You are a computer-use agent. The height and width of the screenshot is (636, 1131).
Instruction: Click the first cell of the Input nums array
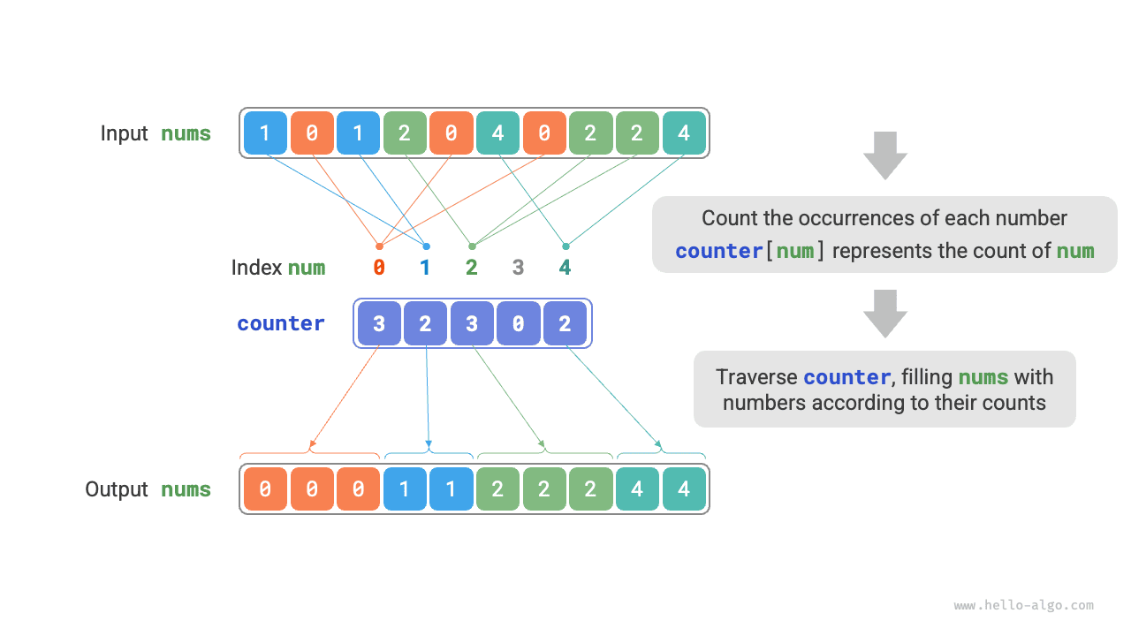[x=266, y=133]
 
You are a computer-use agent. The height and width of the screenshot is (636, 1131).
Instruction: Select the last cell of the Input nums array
[x=684, y=133]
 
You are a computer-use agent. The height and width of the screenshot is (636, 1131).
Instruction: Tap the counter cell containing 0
[x=518, y=323]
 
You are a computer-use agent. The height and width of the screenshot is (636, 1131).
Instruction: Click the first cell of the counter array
[x=379, y=323]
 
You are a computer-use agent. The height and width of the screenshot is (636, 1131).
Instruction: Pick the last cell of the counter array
[x=565, y=323]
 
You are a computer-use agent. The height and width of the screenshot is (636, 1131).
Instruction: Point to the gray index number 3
[x=518, y=268]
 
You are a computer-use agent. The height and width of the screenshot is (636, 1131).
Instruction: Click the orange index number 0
[x=379, y=268]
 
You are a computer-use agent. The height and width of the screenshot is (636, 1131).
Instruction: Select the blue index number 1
[x=425, y=268]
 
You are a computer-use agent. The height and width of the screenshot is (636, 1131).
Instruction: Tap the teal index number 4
[x=565, y=268]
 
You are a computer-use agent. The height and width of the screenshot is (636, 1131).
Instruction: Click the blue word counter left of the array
[x=280, y=323]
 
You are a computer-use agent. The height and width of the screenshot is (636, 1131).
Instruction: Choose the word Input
[x=124, y=133]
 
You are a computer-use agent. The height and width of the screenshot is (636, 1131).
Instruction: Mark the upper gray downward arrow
[x=884, y=155]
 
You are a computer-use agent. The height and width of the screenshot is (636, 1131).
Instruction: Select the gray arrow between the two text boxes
[x=884, y=313]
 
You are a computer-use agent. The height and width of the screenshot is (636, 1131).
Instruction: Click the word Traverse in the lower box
[x=756, y=377]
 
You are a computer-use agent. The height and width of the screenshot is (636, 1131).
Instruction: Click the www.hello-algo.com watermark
[x=1023, y=606]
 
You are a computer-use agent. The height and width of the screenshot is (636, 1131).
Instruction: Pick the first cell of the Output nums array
[x=266, y=489]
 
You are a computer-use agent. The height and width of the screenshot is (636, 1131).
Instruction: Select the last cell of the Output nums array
[x=684, y=489]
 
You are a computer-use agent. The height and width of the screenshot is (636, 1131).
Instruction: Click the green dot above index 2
[x=472, y=246]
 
